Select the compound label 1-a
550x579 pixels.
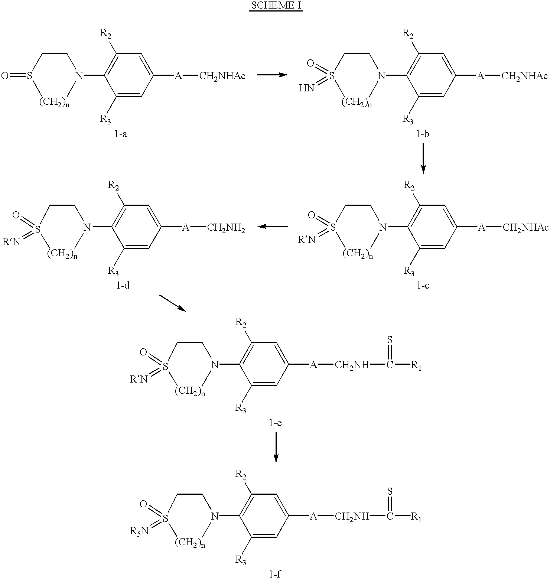121,134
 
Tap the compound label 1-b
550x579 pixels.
423,134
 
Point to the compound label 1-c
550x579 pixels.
423,286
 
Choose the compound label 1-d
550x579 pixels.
123,286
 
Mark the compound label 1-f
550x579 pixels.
275,574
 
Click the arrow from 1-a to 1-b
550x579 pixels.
272,75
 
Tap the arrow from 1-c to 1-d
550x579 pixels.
273,226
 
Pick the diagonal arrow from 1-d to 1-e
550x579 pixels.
172,303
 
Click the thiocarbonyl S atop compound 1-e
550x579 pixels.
390,339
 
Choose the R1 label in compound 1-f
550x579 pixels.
416,517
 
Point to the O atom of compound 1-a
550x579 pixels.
5,77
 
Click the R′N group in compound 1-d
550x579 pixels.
11,242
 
